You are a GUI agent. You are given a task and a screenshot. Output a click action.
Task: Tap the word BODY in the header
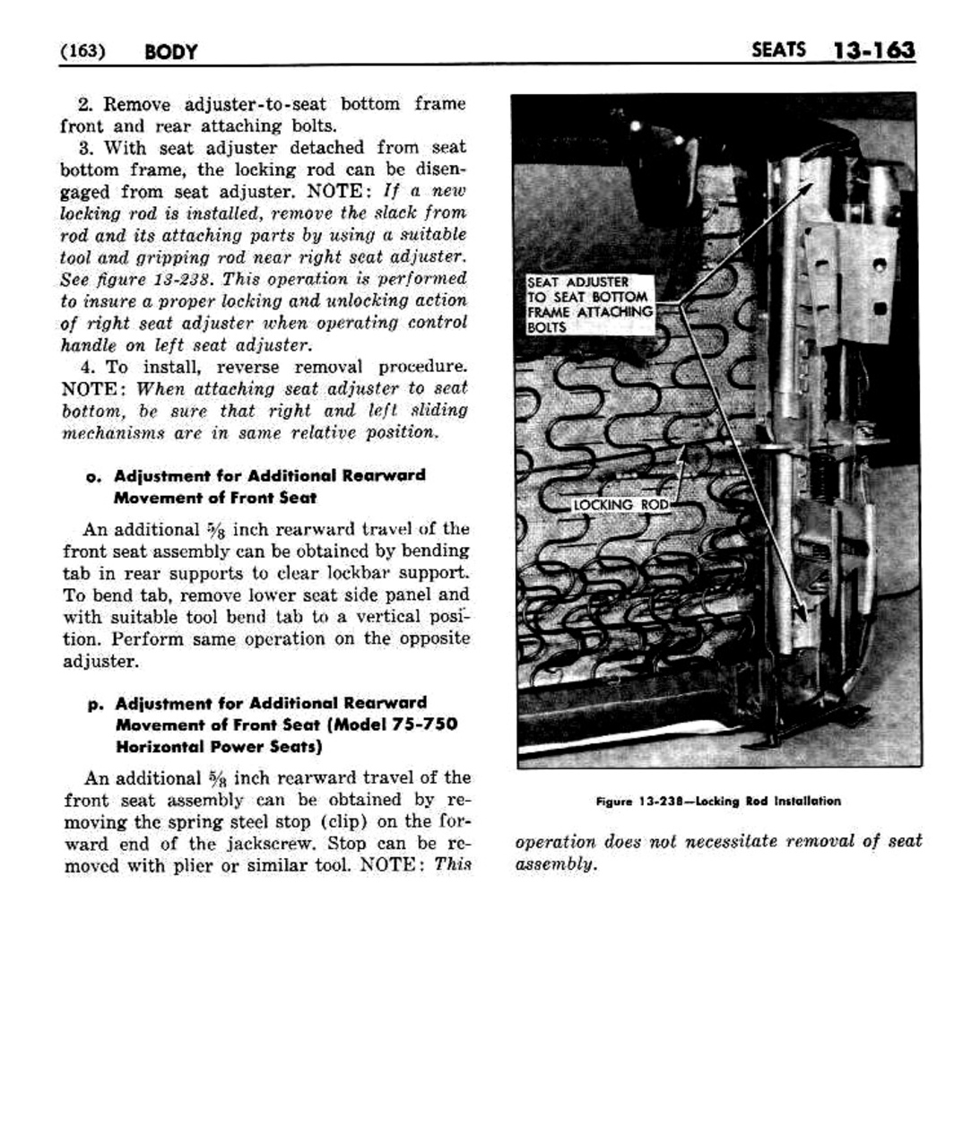tap(170, 51)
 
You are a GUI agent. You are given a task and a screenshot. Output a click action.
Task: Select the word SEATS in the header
tap(778, 49)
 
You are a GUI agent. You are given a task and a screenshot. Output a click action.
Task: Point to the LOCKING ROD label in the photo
tap(620, 505)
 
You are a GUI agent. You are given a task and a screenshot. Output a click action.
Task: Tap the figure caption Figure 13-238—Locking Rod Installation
tap(718, 801)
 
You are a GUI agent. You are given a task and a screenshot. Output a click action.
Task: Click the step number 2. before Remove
tap(86, 104)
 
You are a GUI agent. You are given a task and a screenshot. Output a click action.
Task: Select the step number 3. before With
tap(86, 148)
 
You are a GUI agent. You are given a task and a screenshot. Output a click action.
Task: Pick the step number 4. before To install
tap(87, 368)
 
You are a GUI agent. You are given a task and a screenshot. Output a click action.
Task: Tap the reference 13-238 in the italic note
tap(172, 279)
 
